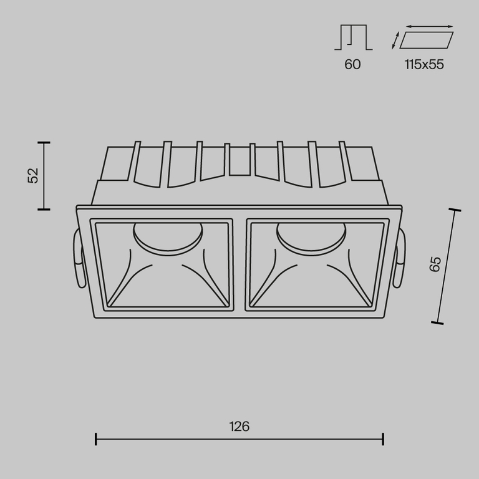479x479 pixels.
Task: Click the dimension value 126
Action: (x=239, y=427)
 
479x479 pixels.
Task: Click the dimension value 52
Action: (x=33, y=175)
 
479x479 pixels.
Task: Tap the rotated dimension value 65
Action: (x=435, y=264)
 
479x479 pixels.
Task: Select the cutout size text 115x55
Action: (x=423, y=64)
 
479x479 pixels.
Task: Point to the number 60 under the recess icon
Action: (x=352, y=64)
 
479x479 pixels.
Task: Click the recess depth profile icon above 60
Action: (x=353, y=38)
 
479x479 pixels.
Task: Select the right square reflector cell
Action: (x=316, y=263)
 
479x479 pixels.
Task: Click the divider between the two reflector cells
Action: (x=239, y=263)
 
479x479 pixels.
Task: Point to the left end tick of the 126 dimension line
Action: (x=96, y=439)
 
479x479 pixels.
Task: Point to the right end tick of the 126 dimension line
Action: (x=383, y=439)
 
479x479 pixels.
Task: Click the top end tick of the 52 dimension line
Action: (x=44, y=143)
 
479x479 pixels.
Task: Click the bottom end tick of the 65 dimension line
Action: (x=437, y=322)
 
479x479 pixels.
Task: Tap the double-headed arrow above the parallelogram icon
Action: (x=430, y=26)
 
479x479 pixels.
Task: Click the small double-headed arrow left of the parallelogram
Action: (x=395, y=41)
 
